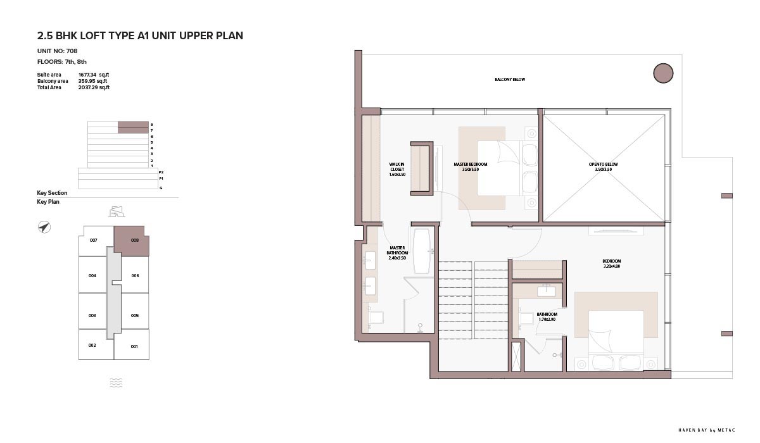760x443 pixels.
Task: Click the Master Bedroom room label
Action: pos(470,167)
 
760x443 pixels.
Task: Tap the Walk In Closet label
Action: pos(397,169)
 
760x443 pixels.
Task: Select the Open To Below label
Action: pos(603,167)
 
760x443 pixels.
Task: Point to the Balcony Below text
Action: pos(510,79)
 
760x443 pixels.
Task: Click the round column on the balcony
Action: pos(663,73)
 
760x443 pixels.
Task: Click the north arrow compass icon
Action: pos(44,227)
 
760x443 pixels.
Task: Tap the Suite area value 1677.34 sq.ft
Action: pos(94,75)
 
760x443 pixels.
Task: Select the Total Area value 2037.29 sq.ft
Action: pos(94,87)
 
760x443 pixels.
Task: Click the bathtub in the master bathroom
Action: pos(422,251)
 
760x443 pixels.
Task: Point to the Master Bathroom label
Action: pos(397,253)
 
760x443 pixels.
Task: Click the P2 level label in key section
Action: pos(161,172)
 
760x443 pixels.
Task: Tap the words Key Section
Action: pos(52,193)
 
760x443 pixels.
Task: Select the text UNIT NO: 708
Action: pos(58,51)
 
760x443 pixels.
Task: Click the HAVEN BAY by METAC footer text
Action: pos(706,430)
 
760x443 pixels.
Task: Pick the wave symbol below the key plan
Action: pos(116,383)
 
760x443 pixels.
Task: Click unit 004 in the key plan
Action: pos(92,275)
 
